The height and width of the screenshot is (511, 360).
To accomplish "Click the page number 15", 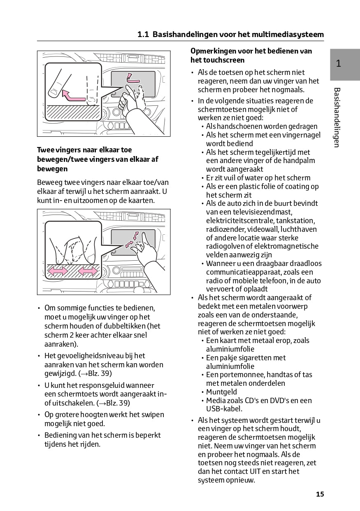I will [x=320, y=494].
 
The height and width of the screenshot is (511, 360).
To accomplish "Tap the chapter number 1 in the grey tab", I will [x=338, y=64].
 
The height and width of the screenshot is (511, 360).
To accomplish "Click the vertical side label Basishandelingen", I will [x=337, y=117].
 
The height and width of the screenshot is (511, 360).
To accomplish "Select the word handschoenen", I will [x=239, y=126].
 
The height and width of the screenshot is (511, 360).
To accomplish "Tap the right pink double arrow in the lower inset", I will [x=88, y=271].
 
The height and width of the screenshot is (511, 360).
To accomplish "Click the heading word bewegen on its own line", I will [x=52, y=169].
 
